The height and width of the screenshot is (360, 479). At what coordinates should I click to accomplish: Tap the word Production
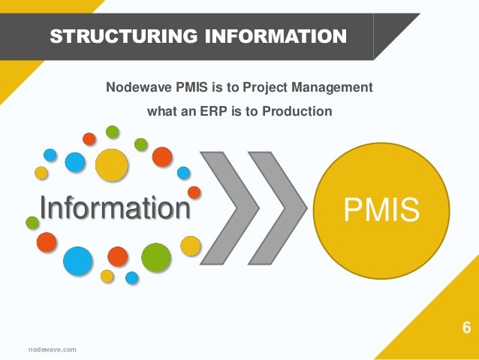pyautogui.click(x=297, y=112)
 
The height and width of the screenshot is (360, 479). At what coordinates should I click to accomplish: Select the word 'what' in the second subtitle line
pyautogui.click(x=162, y=112)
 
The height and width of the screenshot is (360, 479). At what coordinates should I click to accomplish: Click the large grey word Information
pyautogui.click(x=115, y=208)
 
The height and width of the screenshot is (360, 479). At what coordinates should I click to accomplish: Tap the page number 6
pyautogui.click(x=466, y=328)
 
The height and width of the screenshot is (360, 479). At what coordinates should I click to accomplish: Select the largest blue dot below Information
pyautogui.click(x=77, y=260)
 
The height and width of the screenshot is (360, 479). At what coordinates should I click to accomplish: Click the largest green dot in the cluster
pyautogui.click(x=156, y=257)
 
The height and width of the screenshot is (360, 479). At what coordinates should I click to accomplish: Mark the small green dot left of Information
pyautogui.click(x=32, y=222)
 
